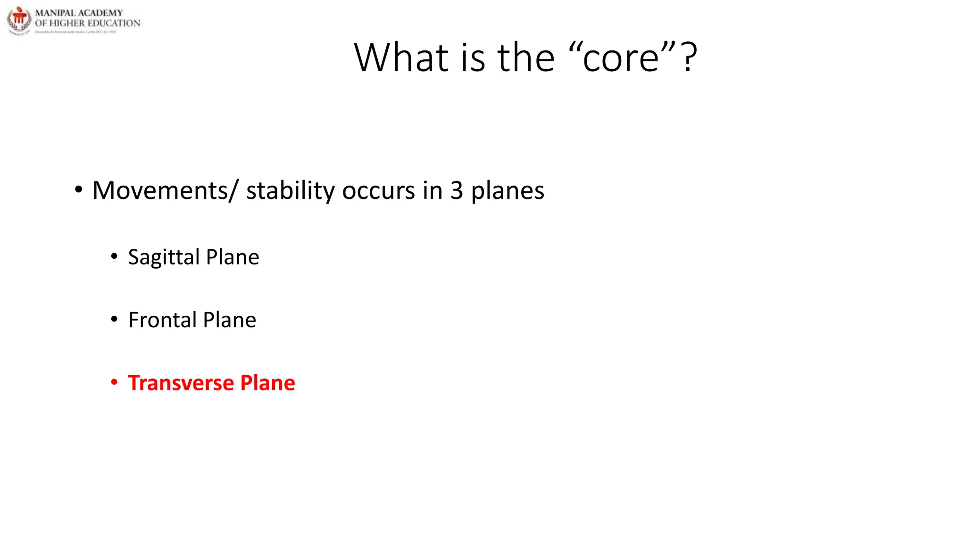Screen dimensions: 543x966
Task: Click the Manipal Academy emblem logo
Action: point(19,20)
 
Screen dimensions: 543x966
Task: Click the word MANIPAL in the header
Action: point(55,13)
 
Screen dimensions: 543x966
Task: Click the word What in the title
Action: point(401,58)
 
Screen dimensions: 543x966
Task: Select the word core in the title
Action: point(620,58)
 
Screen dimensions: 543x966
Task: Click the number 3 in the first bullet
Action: point(457,190)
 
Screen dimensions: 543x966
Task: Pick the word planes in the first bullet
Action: point(508,191)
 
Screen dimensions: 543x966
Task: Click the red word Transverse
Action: point(181,383)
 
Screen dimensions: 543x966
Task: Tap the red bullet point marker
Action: point(114,382)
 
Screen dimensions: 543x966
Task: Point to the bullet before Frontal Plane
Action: point(114,320)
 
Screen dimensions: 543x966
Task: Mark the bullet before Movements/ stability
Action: point(79,190)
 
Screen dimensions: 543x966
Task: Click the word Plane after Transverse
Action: point(267,383)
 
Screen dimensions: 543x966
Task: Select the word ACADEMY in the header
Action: point(100,13)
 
